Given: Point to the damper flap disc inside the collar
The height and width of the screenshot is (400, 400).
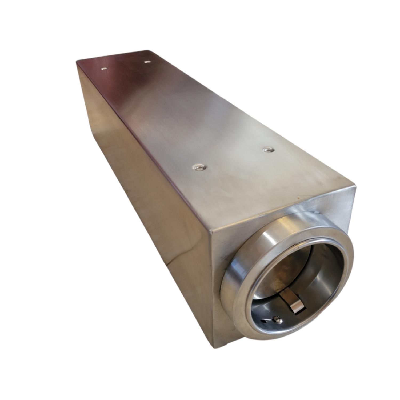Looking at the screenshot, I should (283, 269).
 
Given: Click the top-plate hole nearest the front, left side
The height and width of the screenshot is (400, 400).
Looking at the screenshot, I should (199, 167).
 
